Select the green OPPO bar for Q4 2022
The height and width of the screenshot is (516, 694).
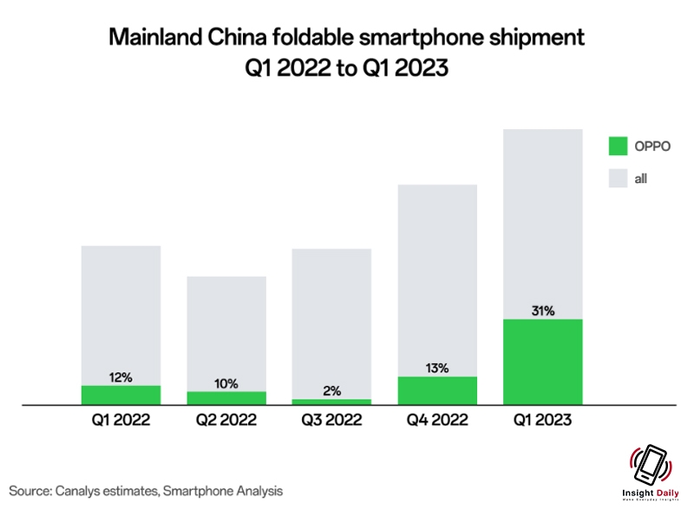437,390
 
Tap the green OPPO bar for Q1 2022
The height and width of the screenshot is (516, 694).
121,395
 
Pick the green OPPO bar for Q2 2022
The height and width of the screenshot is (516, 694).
226,397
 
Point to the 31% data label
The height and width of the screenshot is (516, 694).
543,310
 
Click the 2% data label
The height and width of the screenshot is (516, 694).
332,391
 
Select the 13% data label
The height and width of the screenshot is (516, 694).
437,368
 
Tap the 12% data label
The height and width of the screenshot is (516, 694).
121,376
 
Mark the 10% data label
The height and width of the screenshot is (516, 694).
226,383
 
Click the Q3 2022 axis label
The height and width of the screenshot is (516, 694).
332,421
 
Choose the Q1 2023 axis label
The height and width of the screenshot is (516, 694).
543,421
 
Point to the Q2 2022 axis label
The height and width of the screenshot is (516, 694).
226,421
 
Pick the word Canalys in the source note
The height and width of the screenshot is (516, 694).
83,492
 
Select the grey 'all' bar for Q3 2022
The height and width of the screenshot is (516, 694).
332,321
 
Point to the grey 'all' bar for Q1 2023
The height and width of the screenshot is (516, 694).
542,221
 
